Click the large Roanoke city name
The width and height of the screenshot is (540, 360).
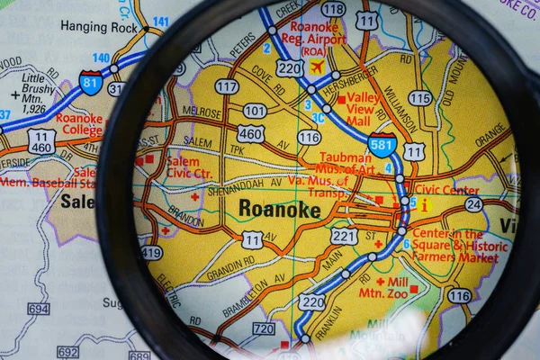click(279, 209)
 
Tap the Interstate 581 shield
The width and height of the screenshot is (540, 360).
click(382, 144)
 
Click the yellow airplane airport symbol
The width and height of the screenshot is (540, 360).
click(317, 67)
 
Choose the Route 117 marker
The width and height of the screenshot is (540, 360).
click(227, 86)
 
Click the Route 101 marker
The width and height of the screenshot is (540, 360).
click(255, 111)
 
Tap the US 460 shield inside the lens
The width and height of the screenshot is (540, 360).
click(251, 134)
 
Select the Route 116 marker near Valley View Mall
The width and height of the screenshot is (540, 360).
click(309, 137)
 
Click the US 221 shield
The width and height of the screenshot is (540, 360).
click(344, 236)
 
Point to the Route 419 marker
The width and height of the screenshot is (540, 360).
click(152, 253)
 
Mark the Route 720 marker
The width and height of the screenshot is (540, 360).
click(264, 328)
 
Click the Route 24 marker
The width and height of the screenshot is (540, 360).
click(473, 204)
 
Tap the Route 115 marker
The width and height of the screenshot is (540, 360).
click(419, 97)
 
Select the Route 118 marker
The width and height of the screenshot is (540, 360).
click(333, 9)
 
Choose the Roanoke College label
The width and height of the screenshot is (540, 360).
click(79, 123)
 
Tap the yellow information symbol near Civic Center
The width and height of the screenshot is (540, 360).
click(424, 205)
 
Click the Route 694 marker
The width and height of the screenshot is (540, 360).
click(38, 309)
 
